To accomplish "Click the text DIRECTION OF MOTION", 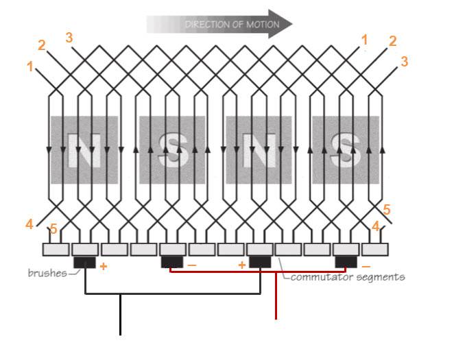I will click(232, 25).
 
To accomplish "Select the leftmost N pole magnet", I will click(84, 149).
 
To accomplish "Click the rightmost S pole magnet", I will click(345, 149).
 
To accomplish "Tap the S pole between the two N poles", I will click(173, 149).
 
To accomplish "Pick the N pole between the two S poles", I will click(259, 149).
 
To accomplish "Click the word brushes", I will click(47, 273).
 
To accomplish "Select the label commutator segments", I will click(347, 277).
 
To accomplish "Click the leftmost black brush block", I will click(84, 261).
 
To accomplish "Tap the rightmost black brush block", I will click(346, 261).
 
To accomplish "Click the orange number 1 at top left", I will click(29, 67).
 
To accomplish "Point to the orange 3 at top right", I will click(405, 62).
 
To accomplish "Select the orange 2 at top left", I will click(42, 46).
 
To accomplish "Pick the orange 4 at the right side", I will click(375, 225).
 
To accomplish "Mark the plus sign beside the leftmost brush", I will click(103, 265).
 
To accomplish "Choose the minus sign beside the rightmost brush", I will click(366, 266).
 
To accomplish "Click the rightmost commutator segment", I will click(375, 249).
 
